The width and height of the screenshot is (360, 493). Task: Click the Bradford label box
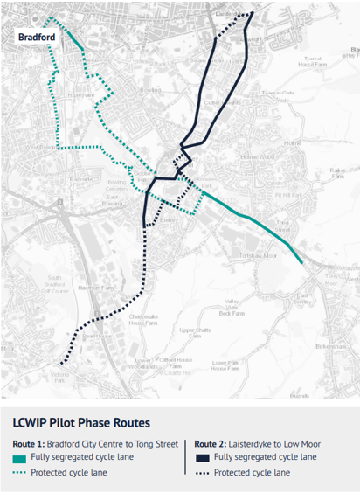point(38,38)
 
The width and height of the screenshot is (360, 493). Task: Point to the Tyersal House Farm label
point(310,62)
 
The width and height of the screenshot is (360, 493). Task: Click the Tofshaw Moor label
point(259,255)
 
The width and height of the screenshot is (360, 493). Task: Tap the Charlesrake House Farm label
point(142,319)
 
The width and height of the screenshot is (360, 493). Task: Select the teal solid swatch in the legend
point(19,457)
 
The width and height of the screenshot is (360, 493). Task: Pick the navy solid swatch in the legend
point(201,457)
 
